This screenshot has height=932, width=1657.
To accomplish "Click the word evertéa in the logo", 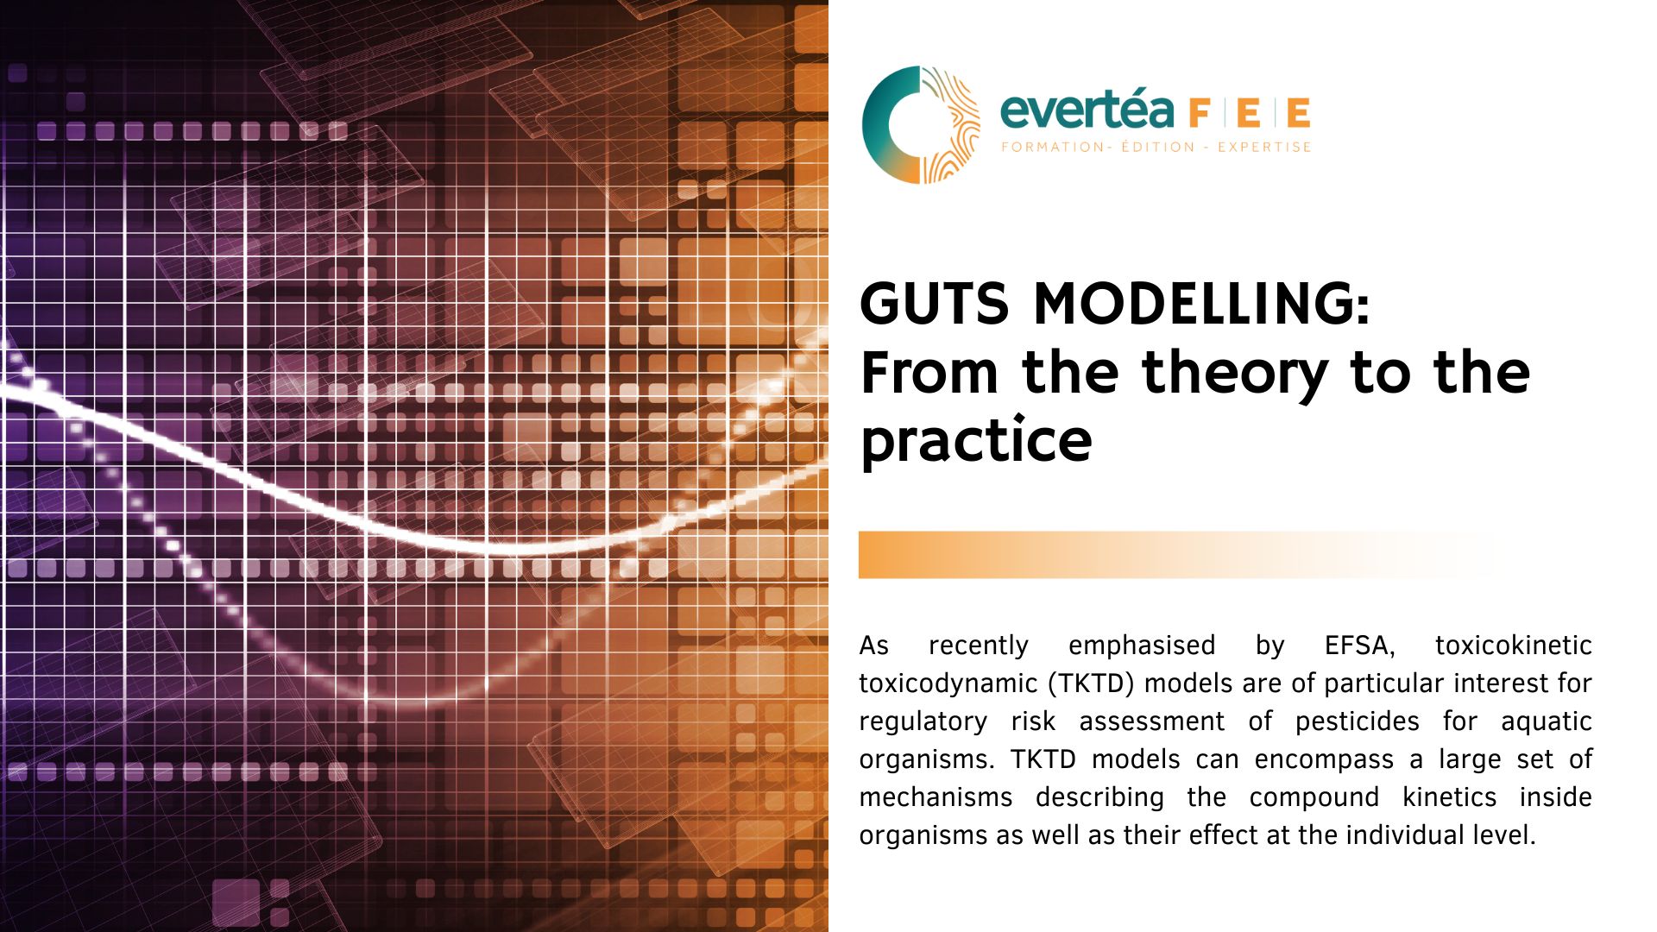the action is pyautogui.click(x=1087, y=110).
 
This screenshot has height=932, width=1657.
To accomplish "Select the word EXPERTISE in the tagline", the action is pyautogui.click(x=1264, y=147).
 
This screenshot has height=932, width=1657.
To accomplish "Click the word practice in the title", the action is pyautogui.click(x=976, y=441).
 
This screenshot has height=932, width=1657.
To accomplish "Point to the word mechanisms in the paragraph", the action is pyautogui.click(x=936, y=797).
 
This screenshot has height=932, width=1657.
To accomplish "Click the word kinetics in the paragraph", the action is pyautogui.click(x=1450, y=797).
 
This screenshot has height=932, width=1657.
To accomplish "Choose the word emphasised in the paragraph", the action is pyautogui.click(x=1142, y=645).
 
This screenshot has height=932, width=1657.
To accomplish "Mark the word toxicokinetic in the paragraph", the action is pyautogui.click(x=1514, y=645).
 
